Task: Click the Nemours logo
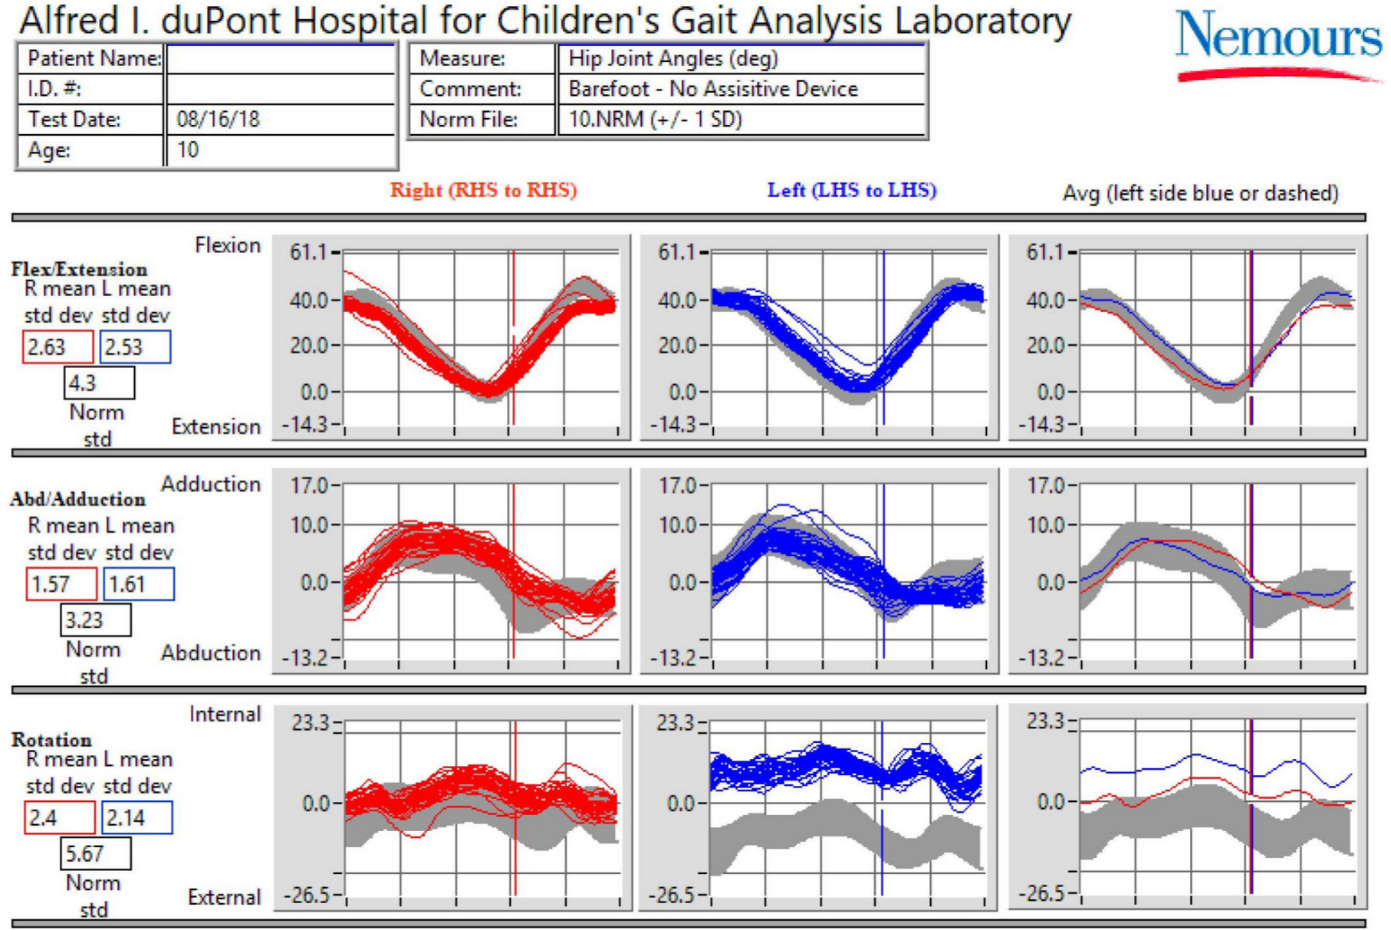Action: point(1278,44)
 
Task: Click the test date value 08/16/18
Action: point(219,120)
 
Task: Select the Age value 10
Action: point(188,150)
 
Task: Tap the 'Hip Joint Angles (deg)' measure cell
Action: point(673,58)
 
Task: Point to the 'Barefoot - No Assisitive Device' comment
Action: point(713,89)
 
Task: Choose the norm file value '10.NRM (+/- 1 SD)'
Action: point(656,120)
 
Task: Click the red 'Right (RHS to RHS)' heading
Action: point(484,190)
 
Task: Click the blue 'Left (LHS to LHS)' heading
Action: point(852,190)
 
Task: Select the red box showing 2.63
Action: point(58,347)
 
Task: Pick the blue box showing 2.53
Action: point(135,347)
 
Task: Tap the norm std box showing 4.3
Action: point(99,383)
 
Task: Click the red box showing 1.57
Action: point(61,584)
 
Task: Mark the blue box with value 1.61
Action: point(138,584)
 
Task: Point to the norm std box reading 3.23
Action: point(95,619)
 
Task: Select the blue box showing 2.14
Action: point(136,818)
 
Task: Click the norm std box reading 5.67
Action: point(95,853)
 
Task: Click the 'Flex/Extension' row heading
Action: point(79,269)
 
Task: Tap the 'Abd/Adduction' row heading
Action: point(77,499)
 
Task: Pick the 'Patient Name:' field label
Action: point(94,58)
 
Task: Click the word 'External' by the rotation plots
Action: point(224,897)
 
